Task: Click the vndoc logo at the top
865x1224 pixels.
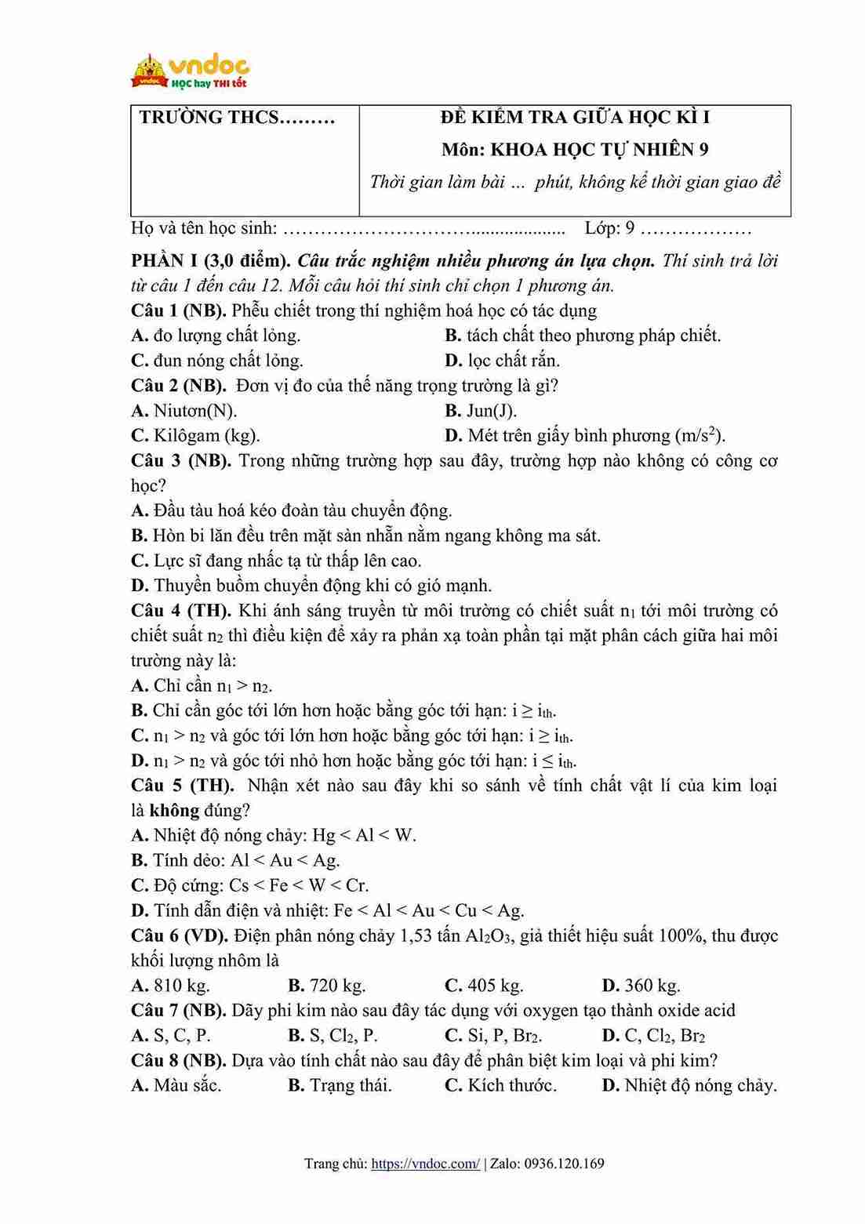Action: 191,71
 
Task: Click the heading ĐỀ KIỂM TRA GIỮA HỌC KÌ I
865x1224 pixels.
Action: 575,118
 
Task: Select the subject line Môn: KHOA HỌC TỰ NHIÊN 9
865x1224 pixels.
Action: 575,150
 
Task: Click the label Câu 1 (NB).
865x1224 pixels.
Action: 179,311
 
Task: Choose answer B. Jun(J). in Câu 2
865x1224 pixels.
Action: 480,410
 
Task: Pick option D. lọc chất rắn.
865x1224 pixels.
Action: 502,361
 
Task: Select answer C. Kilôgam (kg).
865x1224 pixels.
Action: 195,435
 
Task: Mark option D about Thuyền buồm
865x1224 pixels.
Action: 312,586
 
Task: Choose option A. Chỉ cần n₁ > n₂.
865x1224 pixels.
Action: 202,685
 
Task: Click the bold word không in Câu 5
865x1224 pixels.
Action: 174,810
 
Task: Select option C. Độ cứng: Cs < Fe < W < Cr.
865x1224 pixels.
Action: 249,885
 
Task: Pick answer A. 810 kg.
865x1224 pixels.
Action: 170,986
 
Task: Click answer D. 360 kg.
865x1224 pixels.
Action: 641,986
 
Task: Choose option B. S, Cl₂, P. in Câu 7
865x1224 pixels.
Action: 333,1036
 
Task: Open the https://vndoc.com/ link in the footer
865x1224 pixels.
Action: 425,1164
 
